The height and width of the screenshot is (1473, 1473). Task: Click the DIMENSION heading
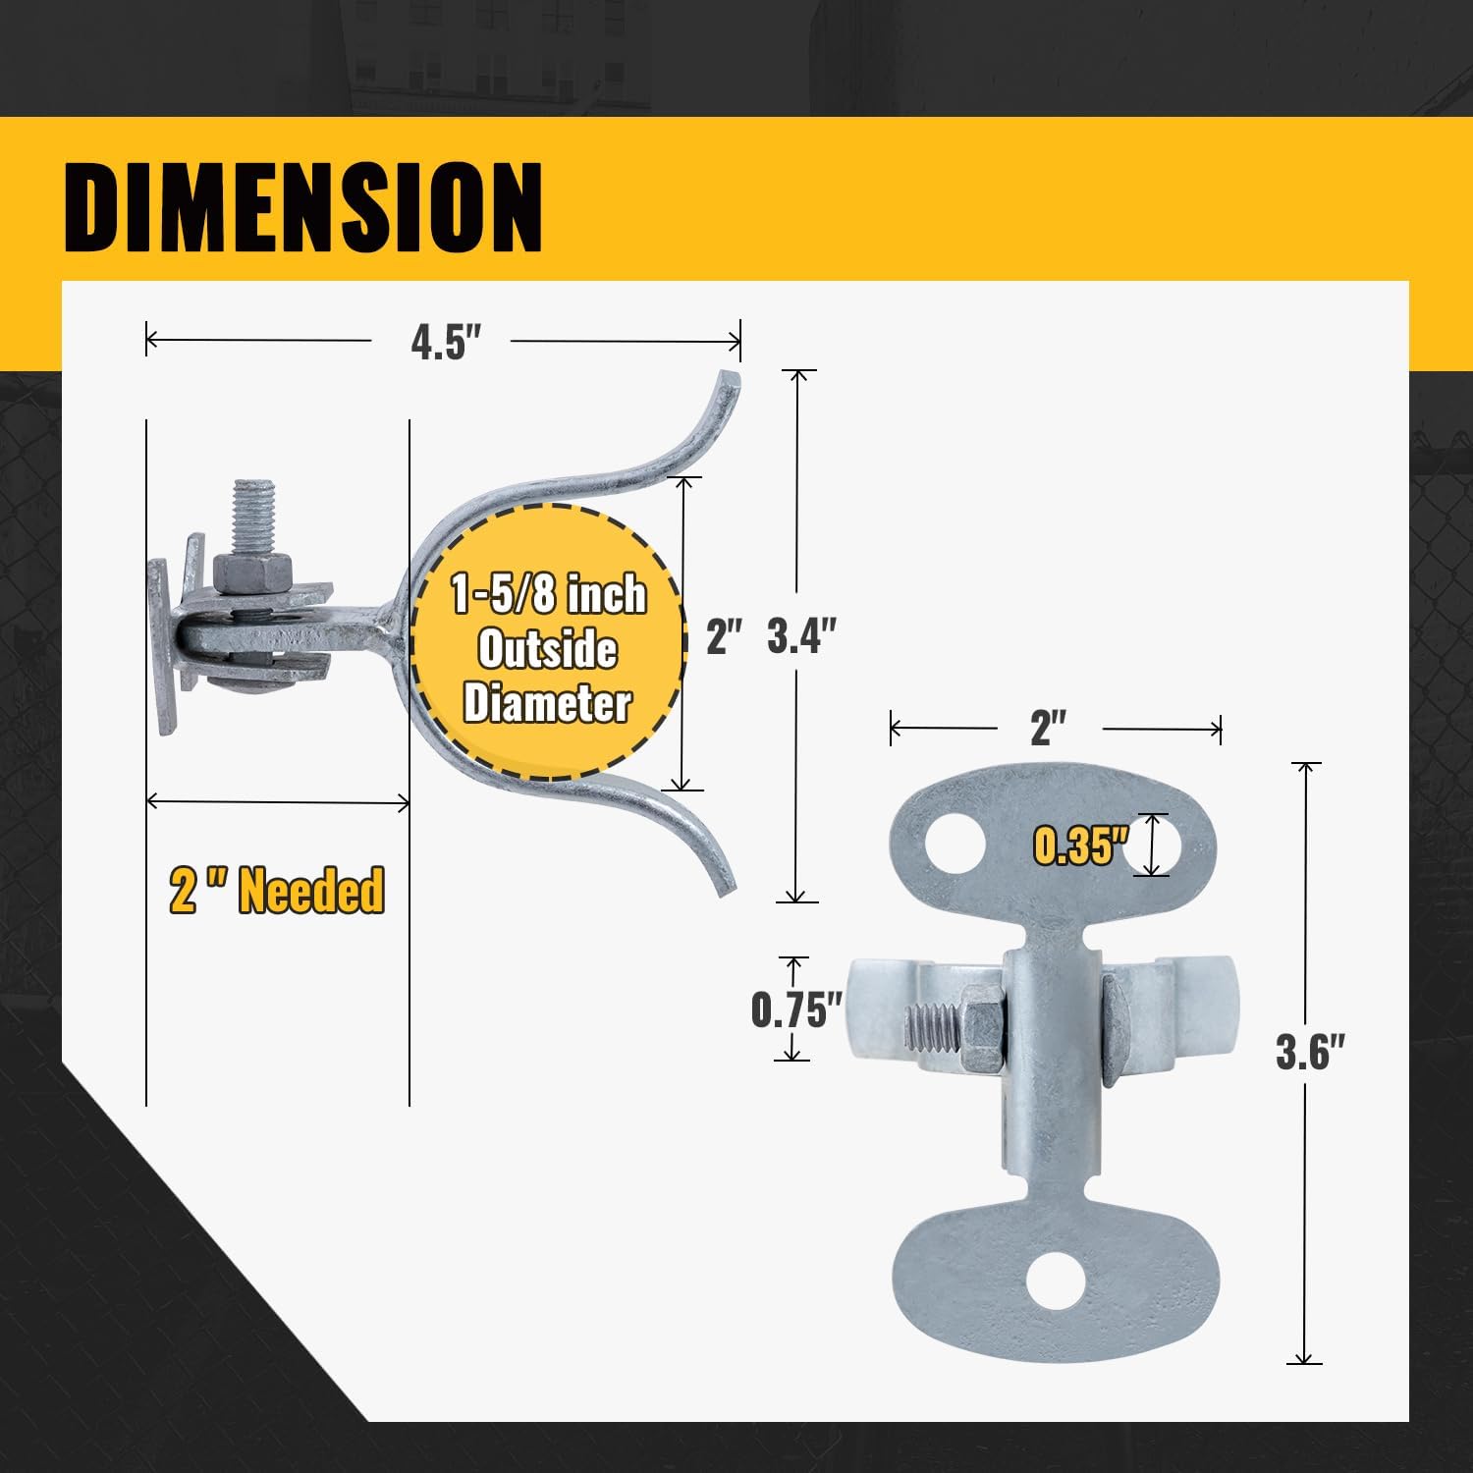[303, 207]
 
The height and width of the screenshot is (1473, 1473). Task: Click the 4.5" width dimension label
[446, 343]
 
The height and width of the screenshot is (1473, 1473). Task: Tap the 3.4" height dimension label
[801, 636]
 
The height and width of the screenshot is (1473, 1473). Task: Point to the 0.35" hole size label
[1079, 846]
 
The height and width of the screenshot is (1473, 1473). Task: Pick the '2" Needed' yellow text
[277, 891]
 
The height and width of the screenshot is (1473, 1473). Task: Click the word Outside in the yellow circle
[547, 649]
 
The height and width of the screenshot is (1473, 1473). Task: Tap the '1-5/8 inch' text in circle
[548, 595]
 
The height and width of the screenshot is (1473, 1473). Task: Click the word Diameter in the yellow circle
[547, 703]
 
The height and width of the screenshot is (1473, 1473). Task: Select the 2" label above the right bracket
[1048, 729]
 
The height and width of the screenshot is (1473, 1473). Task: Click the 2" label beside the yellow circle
[724, 637]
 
